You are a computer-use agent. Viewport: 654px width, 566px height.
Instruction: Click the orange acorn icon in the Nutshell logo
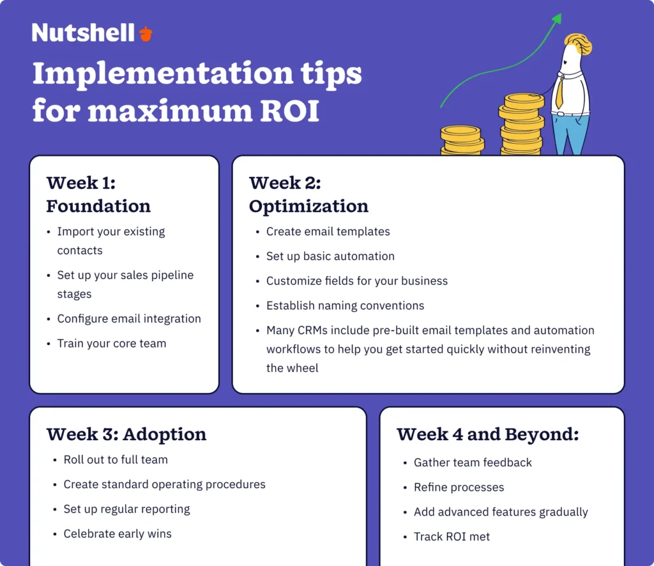click(x=146, y=34)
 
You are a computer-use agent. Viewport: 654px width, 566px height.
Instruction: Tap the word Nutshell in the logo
click(x=83, y=33)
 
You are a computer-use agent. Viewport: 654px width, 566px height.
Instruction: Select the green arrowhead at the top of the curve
click(x=557, y=19)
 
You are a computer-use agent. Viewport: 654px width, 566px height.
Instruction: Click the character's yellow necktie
click(x=559, y=93)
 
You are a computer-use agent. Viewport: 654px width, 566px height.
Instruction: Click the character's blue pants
click(x=570, y=134)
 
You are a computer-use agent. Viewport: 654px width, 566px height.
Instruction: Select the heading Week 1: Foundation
click(x=98, y=195)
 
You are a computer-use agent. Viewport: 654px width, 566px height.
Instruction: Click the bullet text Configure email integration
click(x=129, y=319)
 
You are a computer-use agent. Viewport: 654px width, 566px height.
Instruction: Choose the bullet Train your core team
click(x=112, y=344)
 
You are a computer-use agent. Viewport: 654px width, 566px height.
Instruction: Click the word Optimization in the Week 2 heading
click(x=308, y=207)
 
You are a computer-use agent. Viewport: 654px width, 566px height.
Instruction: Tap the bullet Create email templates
click(x=328, y=232)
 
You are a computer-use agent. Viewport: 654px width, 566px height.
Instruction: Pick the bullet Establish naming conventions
click(x=345, y=306)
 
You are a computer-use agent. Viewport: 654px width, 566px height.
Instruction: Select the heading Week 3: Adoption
click(x=126, y=434)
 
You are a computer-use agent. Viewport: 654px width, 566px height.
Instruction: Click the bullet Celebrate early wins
click(x=118, y=534)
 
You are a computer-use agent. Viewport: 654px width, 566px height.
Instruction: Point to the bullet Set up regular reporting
click(x=126, y=509)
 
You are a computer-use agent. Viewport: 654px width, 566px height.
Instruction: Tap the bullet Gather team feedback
click(x=473, y=463)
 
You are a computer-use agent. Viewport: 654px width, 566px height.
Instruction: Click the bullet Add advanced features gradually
click(x=501, y=512)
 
